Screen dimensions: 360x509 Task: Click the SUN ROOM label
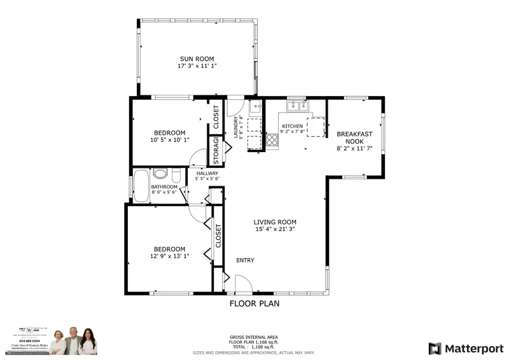(x=196, y=59)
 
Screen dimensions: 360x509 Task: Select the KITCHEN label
(x=292, y=126)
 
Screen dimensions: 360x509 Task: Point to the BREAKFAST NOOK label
(x=354, y=137)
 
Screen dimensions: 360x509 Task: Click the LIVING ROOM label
(x=275, y=222)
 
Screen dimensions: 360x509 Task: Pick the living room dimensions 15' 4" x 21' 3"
(x=275, y=229)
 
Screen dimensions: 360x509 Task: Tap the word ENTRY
(x=245, y=261)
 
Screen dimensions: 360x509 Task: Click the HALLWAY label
(x=207, y=173)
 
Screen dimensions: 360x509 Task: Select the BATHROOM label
(x=164, y=187)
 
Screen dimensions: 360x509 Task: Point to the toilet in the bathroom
(x=161, y=172)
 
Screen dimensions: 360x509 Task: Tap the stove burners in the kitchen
(x=272, y=139)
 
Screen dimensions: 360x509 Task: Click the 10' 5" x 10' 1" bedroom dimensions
(x=169, y=140)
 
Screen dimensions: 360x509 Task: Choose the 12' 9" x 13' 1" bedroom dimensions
(x=169, y=256)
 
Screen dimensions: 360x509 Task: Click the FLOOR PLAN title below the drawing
(x=254, y=303)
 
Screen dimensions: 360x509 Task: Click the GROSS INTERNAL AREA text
(x=254, y=337)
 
